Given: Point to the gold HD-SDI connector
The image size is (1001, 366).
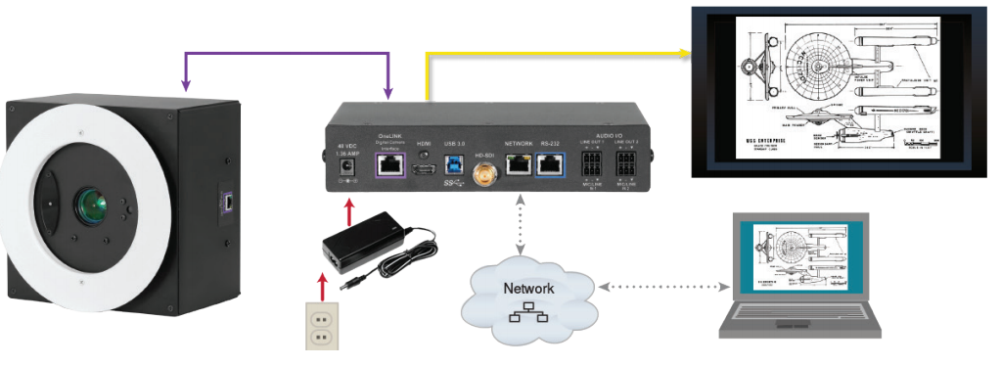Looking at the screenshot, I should pyautogui.click(x=482, y=176).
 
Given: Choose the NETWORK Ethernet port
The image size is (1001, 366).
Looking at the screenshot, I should pyautogui.click(x=518, y=165).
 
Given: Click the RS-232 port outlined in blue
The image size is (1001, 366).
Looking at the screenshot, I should pyautogui.click(x=551, y=165).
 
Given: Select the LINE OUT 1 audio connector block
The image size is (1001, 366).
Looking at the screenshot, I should pyautogui.click(x=593, y=165).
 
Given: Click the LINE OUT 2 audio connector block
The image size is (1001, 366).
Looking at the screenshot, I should pyautogui.click(x=627, y=165).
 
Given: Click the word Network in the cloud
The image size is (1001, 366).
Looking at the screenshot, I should pyautogui.click(x=528, y=289).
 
